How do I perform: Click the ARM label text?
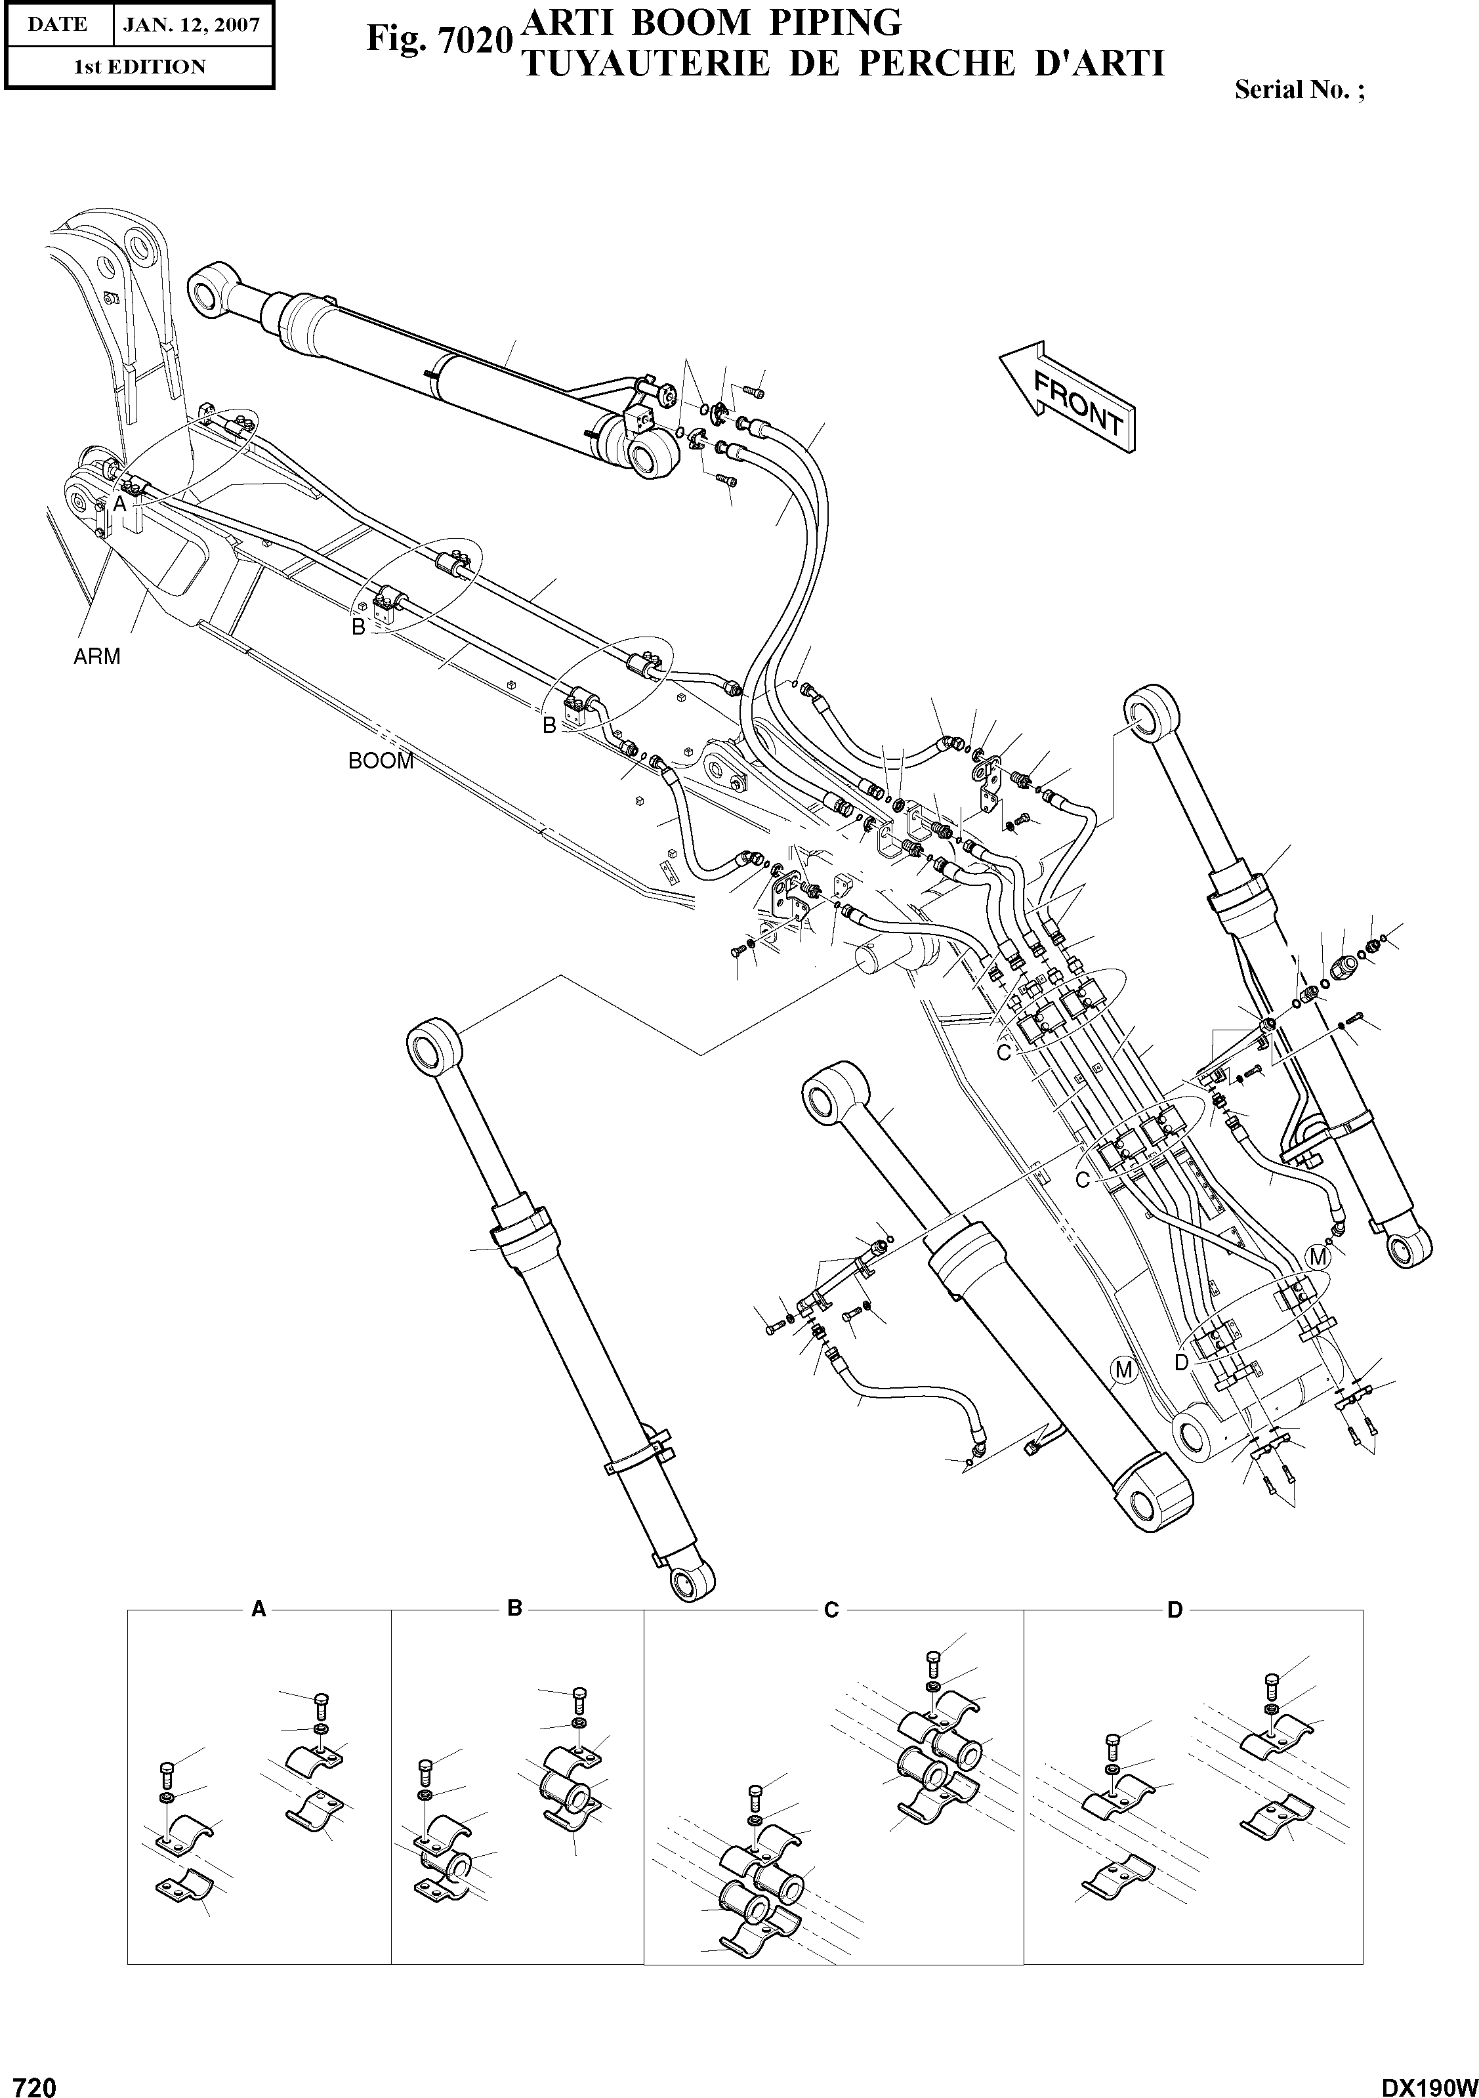(97, 656)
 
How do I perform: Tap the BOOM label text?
(381, 760)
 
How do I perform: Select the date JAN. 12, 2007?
(191, 25)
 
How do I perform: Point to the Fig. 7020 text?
(436, 40)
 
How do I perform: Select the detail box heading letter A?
(259, 1609)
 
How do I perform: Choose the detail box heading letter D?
(1175, 1609)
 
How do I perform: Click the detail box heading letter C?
(831, 1610)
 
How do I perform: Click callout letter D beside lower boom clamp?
(1180, 1362)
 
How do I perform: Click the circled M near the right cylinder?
(1318, 1257)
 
